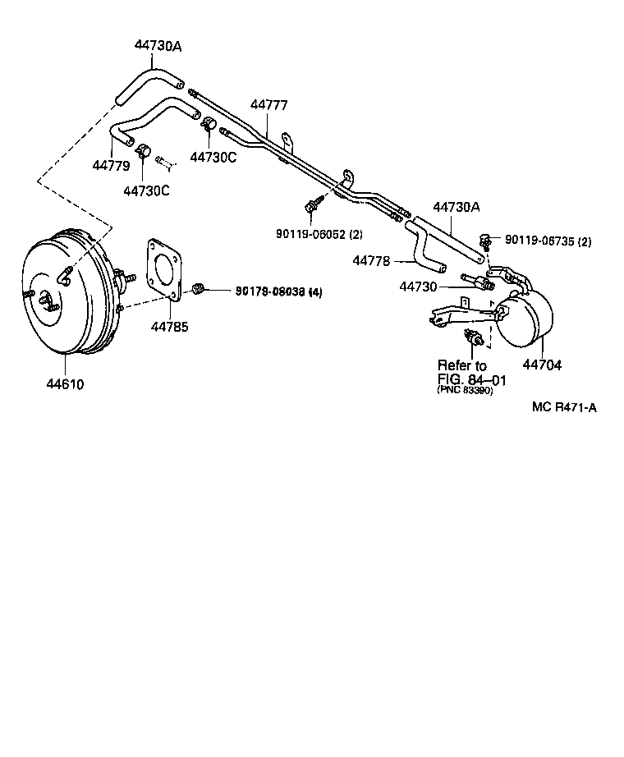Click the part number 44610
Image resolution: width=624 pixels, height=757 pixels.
(64, 383)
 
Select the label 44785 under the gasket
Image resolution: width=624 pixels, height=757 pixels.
(169, 327)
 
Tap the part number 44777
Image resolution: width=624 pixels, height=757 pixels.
(269, 104)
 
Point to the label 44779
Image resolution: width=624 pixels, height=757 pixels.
(111, 165)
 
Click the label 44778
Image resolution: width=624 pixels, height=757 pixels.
(371, 260)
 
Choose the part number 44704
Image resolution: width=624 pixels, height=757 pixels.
(543, 365)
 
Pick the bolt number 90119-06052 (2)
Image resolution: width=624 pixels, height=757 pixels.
(319, 234)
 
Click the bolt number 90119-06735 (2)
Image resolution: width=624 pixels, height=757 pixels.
(548, 241)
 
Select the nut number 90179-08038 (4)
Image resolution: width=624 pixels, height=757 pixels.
(279, 291)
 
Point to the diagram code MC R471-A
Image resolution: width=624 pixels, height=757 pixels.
(563, 407)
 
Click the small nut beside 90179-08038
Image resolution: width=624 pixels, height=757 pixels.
(198, 287)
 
